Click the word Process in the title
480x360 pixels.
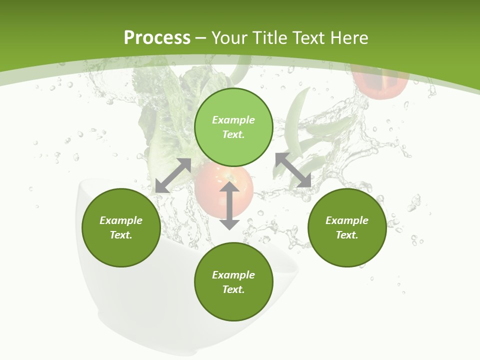(157, 38)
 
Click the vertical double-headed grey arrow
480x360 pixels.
(229, 206)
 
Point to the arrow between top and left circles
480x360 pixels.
(173, 175)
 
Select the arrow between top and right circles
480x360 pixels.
(293, 170)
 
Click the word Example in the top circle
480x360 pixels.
(233, 120)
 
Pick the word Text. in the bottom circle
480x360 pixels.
(233, 289)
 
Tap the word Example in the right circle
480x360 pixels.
(347, 220)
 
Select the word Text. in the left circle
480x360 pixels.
(121, 235)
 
